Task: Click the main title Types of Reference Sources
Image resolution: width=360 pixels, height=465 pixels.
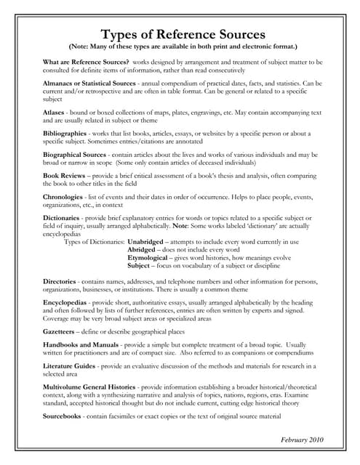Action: [x=182, y=33]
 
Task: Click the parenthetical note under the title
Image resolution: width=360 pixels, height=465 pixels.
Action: [x=182, y=48]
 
